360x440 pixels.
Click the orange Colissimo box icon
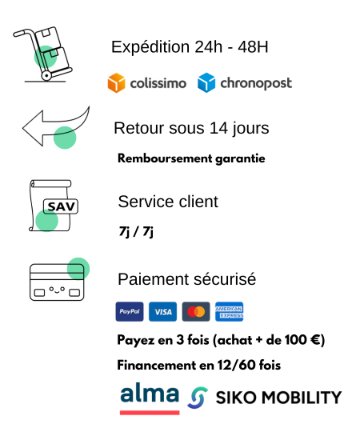pos(116,82)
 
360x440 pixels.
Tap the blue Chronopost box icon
pos(206,82)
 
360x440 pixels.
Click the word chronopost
pos(256,83)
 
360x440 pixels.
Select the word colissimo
pos(158,83)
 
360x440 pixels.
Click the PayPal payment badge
pos(130,311)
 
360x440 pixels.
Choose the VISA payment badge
pos(162,311)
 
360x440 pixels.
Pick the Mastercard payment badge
pos(196,311)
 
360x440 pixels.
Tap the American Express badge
pos(229,311)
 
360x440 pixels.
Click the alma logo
pos(150,398)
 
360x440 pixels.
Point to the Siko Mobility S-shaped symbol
pos(198,398)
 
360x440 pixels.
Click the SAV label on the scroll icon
pos(61,207)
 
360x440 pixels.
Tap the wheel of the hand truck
pos(46,75)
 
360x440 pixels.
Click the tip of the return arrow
pos(22,128)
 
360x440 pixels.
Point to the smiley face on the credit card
pos(57,290)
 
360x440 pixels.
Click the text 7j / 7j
pos(136,232)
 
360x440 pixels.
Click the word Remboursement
pos(165,158)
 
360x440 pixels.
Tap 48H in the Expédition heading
pos(253,46)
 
